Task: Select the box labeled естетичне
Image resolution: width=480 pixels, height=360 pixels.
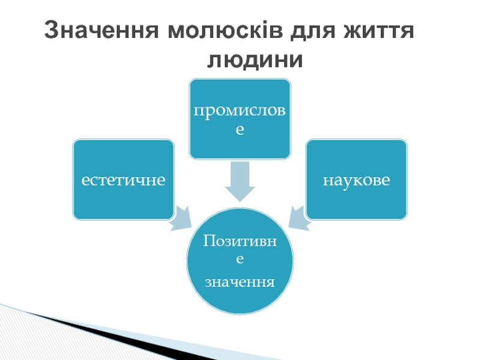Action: click(124, 179)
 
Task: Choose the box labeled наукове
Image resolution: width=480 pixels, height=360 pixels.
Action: click(356, 179)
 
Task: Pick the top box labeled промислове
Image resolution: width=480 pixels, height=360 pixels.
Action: click(240, 119)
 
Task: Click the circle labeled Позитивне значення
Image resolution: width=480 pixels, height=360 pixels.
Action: click(240, 261)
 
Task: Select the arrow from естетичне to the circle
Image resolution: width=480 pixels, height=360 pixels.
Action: click(180, 218)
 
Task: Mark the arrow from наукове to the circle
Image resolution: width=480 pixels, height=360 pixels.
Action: click(299, 218)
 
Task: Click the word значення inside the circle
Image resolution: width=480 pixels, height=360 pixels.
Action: click(240, 281)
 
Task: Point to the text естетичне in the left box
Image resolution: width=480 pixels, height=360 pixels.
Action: click(124, 179)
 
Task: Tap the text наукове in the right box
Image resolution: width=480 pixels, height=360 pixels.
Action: click(356, 179)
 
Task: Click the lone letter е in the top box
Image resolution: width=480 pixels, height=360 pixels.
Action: click(240, 129)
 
